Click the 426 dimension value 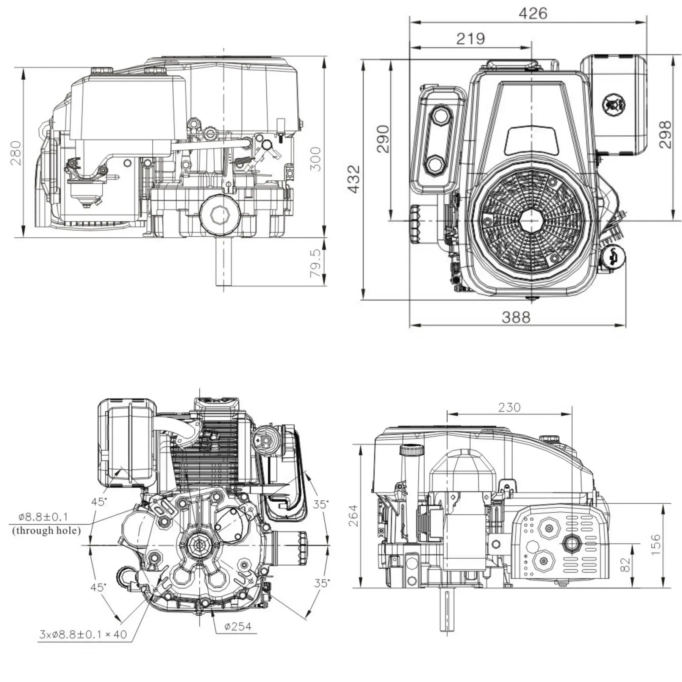coord(533,14)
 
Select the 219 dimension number coord(470,39)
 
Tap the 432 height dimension coord(354,179)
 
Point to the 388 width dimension coord(516,317)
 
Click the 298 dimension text coord(665,134)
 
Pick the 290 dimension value coord(383,139)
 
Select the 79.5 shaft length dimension coord(315,263)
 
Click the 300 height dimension coord(315,159)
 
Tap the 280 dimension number coord(16,153)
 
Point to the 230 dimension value coord(509,407)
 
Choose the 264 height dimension coord(354,515)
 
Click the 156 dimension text coord(656,545)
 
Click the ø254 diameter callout coord(238,626)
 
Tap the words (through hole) coord(47,530)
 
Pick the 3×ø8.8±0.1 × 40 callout coord(83,634)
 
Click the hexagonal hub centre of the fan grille coord(532,220)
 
